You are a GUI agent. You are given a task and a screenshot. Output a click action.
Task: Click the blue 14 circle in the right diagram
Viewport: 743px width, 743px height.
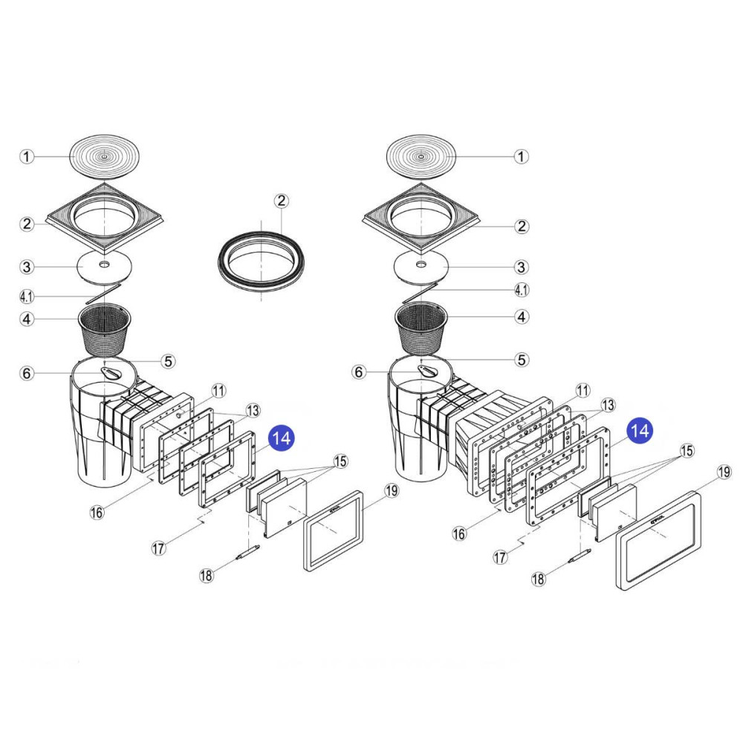(640, 430)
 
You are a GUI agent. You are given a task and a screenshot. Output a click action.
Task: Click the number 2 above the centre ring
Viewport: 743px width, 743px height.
(281, 201)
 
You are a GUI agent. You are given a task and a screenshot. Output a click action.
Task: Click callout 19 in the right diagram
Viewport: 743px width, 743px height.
(724, 473)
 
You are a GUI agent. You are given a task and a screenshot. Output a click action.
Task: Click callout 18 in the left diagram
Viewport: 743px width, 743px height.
(207, 574)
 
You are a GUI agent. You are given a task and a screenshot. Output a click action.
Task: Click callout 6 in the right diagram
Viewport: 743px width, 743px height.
(360, 372)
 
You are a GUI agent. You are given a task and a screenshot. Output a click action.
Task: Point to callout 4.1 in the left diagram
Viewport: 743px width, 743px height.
(26, 297)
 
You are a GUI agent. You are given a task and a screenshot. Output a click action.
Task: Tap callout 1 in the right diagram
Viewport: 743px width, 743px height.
(522, 157)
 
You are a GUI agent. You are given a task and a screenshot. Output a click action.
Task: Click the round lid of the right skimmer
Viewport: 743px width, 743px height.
(421, 156)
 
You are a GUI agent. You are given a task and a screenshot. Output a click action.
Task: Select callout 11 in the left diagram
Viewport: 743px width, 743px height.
(218, 390)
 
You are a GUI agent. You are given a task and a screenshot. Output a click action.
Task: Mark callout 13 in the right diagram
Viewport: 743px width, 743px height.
(608, 405)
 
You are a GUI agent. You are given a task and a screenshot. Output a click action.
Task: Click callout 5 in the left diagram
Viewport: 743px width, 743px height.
(169, 361)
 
